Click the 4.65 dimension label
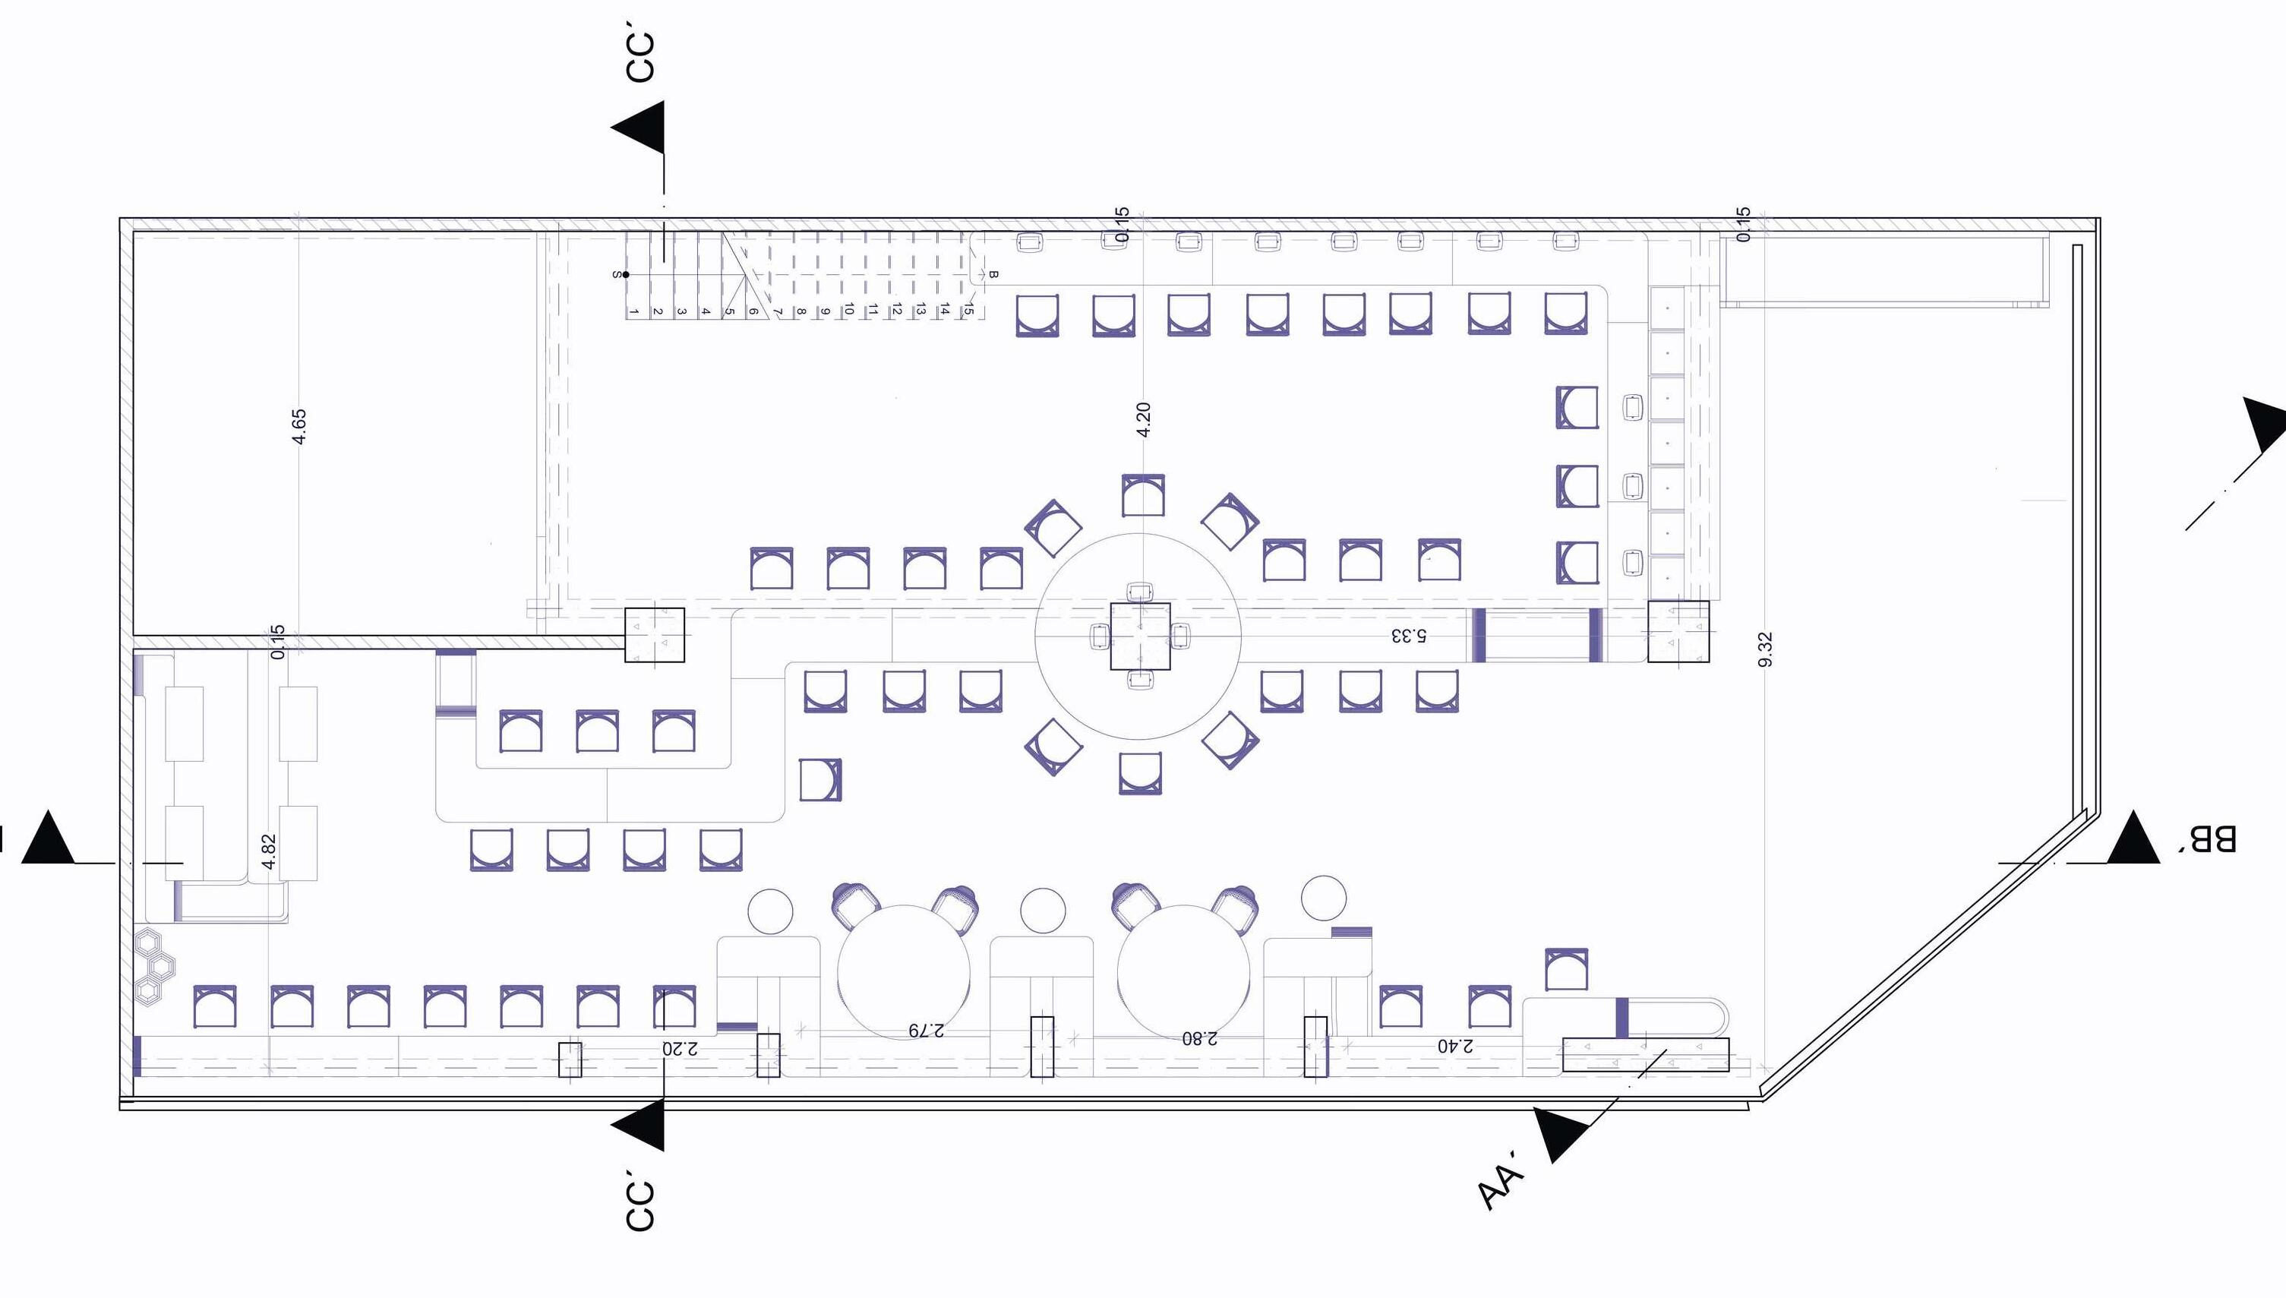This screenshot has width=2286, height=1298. click(299, 426)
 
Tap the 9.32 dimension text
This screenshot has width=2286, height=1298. click(1766, 648)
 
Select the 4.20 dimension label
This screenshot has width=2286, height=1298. click(1144, 419)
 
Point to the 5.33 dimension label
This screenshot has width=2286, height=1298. click(1408, 636)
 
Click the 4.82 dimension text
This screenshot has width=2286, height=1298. click(269, 851)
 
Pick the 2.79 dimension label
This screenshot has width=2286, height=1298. click(926, 1030)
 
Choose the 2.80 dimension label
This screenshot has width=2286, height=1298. click(1200, 1037)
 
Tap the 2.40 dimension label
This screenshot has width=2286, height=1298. click(1455, 1046)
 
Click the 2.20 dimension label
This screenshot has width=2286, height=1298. click(680, 1047)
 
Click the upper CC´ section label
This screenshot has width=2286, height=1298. click(640, 58)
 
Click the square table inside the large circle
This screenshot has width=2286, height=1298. click(1140, 636)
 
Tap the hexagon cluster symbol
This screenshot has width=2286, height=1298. click(154, 965)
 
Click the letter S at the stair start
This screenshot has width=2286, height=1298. click(616, 275)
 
